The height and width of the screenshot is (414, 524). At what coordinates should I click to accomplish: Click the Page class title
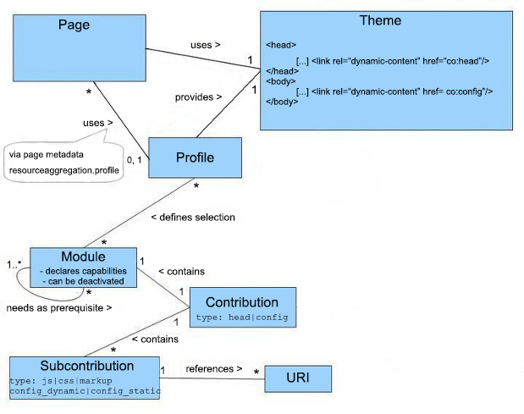point(74,25)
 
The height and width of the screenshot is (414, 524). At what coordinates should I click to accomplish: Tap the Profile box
point(194,157)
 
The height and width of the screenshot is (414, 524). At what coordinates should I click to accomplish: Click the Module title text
point(83,256)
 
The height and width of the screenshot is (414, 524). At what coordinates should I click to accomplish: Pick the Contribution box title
point(241,302)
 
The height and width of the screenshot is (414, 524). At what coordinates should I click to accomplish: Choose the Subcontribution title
point(86,366)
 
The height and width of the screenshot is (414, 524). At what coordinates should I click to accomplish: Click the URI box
point(296,377)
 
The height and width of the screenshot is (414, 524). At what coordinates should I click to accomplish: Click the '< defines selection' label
point(193,217)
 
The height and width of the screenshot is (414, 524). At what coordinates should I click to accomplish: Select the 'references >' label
point(214,368)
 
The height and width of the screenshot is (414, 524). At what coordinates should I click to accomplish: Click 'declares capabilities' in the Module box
point(83,269)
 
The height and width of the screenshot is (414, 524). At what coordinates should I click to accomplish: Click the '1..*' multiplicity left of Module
point(15,264)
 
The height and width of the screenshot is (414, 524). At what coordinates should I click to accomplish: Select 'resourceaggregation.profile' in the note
point(63,170)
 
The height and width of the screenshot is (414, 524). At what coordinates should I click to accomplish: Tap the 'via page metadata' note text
point(46,155)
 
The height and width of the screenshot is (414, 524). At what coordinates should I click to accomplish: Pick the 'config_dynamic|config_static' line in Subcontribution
point(85,391)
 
